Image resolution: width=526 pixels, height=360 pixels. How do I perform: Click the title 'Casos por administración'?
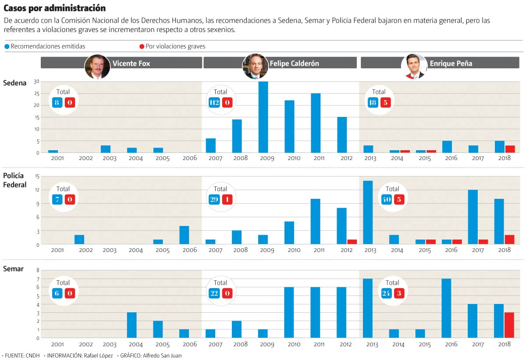[54, 8]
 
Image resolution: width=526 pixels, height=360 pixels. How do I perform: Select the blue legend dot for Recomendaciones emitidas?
[7, 46]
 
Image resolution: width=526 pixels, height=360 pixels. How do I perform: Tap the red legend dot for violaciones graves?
[142, 46]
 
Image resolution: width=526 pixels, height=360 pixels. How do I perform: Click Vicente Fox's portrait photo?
[97, 67]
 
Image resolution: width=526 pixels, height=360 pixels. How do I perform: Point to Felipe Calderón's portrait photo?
[255, 67]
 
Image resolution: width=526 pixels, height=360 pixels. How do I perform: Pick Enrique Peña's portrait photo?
[414, 67]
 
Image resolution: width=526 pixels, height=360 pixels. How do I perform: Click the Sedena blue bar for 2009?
[263, 117]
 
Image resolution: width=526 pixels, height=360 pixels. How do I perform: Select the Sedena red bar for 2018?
[509, 149]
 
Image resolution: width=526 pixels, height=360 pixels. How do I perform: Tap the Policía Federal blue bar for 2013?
[368, 212]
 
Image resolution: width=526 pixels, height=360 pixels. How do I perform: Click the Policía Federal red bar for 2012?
[352, 242]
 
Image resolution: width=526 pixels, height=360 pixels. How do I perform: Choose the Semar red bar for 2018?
[509, 325]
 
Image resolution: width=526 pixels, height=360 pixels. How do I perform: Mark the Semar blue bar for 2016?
[447, 308]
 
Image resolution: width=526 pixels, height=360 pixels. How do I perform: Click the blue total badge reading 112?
[214, 103]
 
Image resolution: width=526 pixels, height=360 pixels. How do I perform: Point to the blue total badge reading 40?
[386, 200]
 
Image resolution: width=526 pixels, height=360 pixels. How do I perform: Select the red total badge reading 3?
[399, 293]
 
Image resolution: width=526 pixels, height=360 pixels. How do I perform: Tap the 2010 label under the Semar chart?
[293, 345]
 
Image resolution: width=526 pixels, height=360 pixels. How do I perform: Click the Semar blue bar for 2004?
[131, 325]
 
